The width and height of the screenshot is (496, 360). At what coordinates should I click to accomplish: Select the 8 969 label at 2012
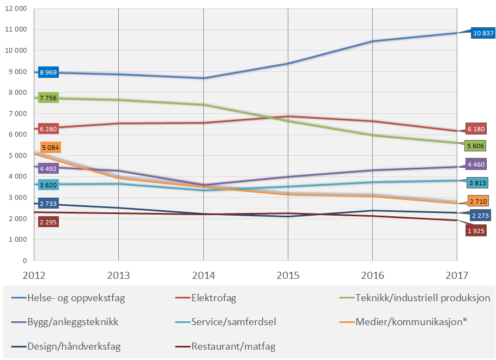[x=48, y=72]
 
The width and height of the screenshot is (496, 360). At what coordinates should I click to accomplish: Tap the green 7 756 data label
[x=48, y=98]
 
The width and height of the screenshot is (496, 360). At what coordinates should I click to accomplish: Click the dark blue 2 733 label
[x=48, y=204]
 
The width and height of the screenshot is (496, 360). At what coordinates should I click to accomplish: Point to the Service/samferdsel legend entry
[x=233, y=321]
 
